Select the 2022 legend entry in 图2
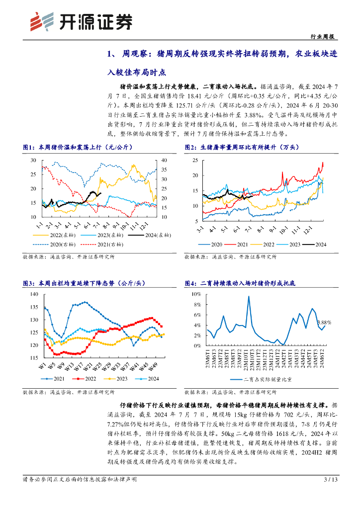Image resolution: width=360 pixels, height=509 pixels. pos(267,244)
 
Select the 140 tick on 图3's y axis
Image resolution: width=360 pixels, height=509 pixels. pos(33,294)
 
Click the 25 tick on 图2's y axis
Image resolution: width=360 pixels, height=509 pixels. pos(195,160)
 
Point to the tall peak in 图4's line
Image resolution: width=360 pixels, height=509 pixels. pos(248,297)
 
